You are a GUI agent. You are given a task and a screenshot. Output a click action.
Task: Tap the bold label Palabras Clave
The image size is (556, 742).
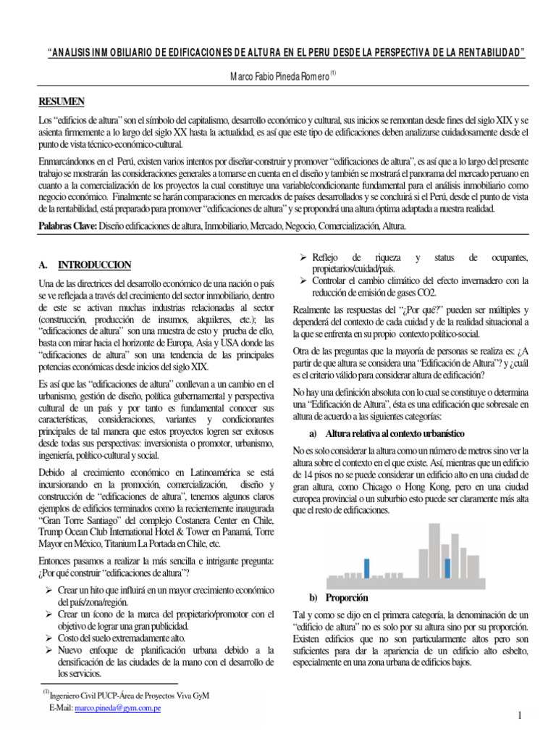point(67,227)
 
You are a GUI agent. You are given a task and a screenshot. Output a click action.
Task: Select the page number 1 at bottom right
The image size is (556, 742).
point(520,717)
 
